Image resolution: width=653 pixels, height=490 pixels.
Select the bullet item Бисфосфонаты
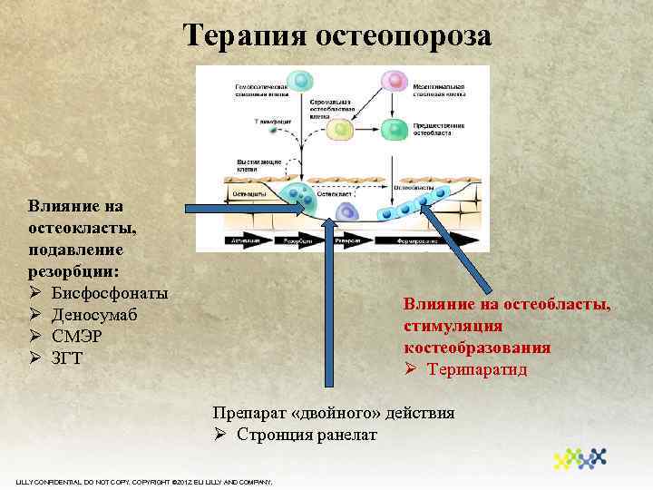(110, 293)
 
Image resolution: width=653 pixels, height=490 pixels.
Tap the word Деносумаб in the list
(96, 314)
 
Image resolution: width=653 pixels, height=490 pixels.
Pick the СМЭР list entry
(77, 335)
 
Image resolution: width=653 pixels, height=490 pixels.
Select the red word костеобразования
(477, 348)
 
